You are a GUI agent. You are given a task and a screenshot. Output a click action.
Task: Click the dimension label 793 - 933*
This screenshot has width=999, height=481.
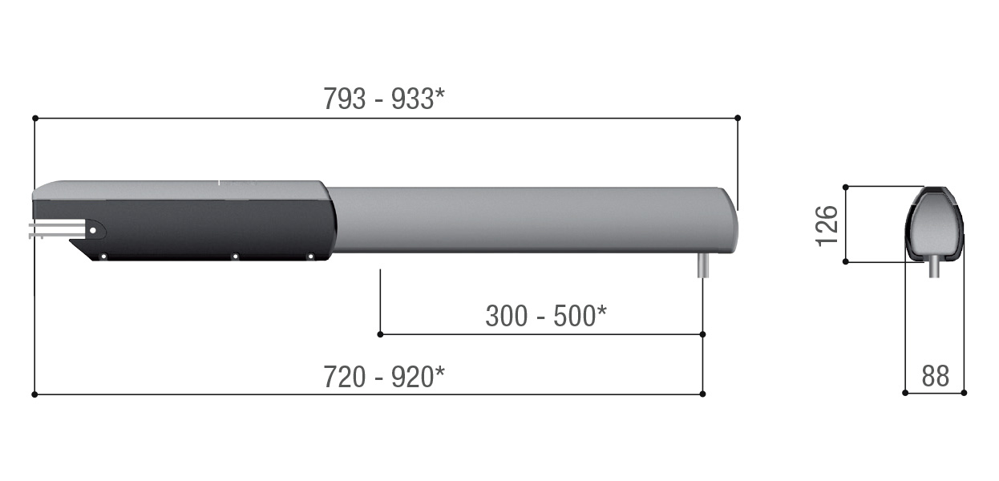[384, 99]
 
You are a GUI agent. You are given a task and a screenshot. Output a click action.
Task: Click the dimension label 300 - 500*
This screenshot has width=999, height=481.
[546, 316]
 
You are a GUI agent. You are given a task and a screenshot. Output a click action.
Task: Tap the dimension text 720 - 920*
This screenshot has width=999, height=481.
[384, 377]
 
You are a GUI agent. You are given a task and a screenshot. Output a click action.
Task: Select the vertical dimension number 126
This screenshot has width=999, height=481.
[827, 226]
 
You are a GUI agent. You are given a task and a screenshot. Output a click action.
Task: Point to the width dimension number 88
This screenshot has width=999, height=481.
[935, 376]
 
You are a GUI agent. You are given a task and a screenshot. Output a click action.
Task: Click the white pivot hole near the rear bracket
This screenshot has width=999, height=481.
[93, 230]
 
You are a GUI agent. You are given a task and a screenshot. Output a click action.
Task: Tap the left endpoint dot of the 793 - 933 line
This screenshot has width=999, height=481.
[35, 118]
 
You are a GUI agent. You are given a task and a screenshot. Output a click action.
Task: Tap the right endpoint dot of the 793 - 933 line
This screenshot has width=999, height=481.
[738, 118]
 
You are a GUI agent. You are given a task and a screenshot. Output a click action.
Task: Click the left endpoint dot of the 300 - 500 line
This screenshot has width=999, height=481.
[380, 334]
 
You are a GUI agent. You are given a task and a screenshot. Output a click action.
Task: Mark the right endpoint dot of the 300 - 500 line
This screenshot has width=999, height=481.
[703, 334]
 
